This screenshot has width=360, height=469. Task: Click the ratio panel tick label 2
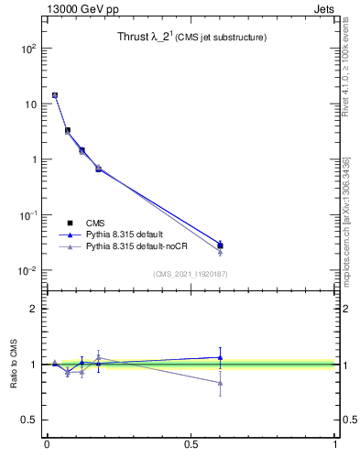tap(33, 309)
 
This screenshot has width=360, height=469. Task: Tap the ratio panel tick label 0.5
tap(27, 420)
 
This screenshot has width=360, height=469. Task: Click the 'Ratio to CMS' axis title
tap(14, 364)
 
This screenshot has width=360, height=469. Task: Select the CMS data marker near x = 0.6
tap(220, 245)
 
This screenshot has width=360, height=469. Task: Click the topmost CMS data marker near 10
tap(55, 95)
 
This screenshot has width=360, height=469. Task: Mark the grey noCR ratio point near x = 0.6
tap(220, 383)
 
